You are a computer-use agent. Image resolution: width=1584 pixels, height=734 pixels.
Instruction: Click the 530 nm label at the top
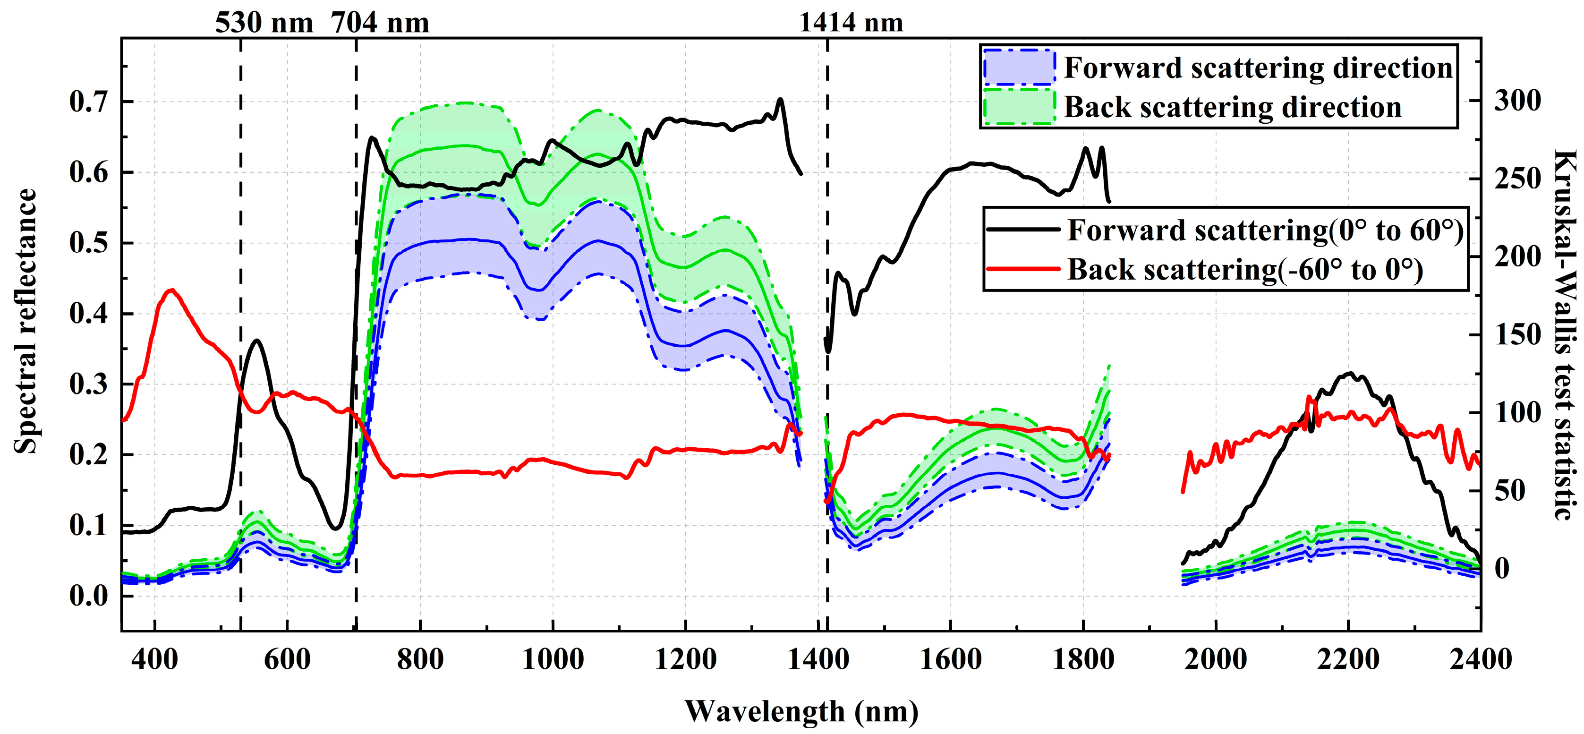(264, 23)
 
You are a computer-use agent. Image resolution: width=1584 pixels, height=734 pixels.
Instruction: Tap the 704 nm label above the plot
(380, 23)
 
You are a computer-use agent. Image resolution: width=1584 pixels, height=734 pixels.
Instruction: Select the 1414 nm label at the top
(851, 23)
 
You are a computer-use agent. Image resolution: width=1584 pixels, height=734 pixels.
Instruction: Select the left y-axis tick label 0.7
(88, 102)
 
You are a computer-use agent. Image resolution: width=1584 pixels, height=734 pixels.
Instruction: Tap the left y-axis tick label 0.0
(88, 596)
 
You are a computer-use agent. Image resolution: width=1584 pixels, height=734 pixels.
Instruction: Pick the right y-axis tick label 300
(1517, 100)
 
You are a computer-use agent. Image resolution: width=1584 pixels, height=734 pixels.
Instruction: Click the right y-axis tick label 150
(1517, 335)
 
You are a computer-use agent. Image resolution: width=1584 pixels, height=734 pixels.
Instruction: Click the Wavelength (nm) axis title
(801, 712)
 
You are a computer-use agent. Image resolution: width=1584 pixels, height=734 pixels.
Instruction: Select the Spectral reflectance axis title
(26, 321)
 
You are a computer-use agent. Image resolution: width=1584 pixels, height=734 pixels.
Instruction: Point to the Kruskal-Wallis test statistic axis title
(1565, 335)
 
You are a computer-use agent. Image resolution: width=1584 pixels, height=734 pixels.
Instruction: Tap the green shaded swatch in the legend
(1019, 107)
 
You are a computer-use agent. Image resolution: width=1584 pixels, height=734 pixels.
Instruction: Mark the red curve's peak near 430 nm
(171, 290)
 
